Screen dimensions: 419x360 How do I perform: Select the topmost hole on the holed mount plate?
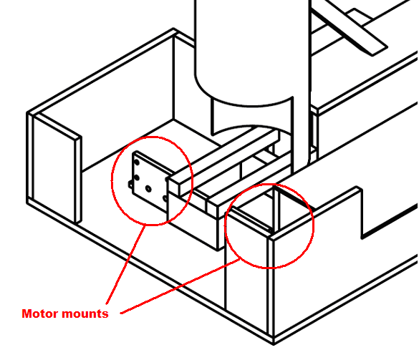(x=137, y=162)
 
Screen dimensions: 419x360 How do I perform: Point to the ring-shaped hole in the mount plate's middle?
(x=148, y=189)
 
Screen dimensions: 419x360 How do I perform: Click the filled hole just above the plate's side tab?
(x=137, y=177)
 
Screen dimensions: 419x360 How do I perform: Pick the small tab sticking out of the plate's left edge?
(x=130, y=184)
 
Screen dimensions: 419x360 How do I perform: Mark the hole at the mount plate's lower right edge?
(x=165, y=198)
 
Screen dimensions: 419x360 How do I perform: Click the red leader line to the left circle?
(x=125, y=264)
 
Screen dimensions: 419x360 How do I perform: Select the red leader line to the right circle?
(x=180, y=286)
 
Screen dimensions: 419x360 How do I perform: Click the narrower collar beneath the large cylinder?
(x=253, y=117)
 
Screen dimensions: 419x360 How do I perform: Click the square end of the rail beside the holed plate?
(x=174, y=186)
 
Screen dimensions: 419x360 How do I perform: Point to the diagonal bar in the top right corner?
(x=350, y=28)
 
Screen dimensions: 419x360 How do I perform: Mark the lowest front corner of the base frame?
(x=274, y=344)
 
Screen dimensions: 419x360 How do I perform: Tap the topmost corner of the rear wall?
(x=174, y=29)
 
